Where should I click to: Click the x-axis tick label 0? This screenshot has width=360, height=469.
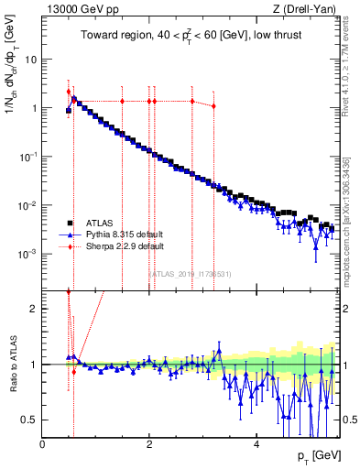click(43, 442)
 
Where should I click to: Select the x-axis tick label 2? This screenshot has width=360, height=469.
click(149, 442)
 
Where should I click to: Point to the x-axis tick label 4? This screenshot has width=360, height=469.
click(256, 442)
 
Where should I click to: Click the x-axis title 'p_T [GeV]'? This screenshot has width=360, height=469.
click(318, 456)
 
